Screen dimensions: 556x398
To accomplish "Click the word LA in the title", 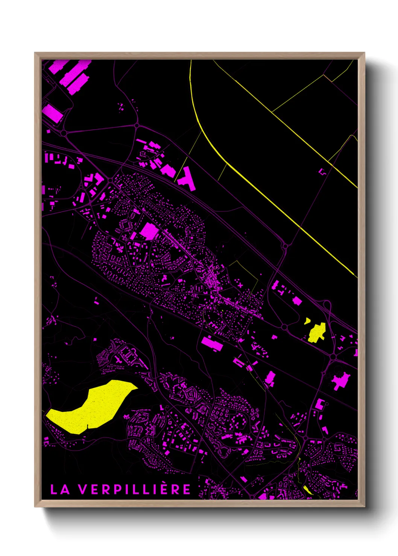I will coord(60,490).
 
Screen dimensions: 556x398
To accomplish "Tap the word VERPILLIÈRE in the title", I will coord(135,490).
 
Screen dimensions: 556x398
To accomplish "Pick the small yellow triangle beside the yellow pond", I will coord(307,321).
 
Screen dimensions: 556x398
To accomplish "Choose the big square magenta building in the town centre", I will coord(149,231).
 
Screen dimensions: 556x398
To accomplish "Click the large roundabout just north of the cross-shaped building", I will coord(333,356).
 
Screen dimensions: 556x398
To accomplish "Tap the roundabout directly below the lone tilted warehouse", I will coord(64,133).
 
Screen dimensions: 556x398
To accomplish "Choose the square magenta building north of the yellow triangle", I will coord(297,301).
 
